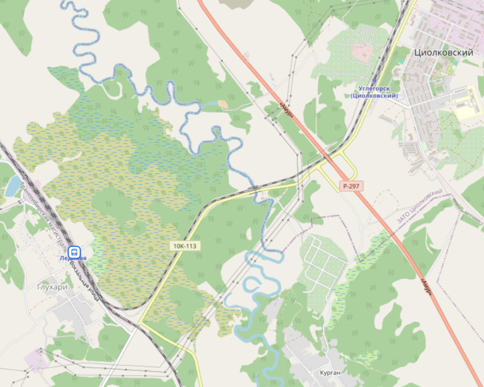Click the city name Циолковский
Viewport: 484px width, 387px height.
[x=443, y=53]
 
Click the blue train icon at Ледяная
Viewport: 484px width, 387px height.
[x=74, y=251]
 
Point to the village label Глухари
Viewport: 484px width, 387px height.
[x=52, y=286]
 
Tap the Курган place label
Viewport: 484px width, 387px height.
[x=330, y=373]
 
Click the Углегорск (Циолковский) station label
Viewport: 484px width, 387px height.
[x=374, y=92]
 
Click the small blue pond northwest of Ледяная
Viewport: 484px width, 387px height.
[x=13, y=185]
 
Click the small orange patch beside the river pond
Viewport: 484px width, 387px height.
[x=223, y=104]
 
